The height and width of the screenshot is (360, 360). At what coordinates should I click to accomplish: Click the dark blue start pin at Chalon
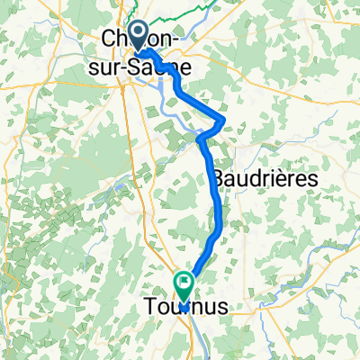point(139,34)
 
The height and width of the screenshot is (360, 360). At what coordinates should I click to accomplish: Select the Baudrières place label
point(266,179)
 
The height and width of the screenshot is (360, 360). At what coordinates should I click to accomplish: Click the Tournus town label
point(185,309)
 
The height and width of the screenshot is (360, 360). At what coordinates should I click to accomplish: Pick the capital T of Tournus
point(150,309)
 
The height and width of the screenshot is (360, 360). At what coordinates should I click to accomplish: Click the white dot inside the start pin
point(139,31)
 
